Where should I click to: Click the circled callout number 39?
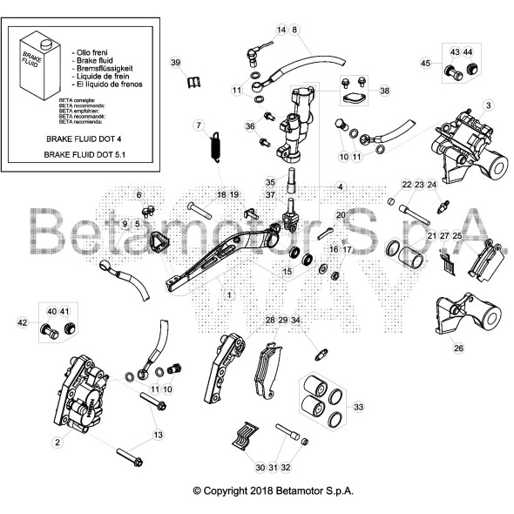(175, 64)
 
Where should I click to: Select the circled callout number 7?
(199, 124)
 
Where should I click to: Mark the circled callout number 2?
(57, 443)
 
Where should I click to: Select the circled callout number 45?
(426, 64)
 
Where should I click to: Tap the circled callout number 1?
(229, 295)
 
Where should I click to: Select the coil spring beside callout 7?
(214, 142)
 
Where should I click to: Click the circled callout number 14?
(281, 30)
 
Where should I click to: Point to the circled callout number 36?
(250, 126)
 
